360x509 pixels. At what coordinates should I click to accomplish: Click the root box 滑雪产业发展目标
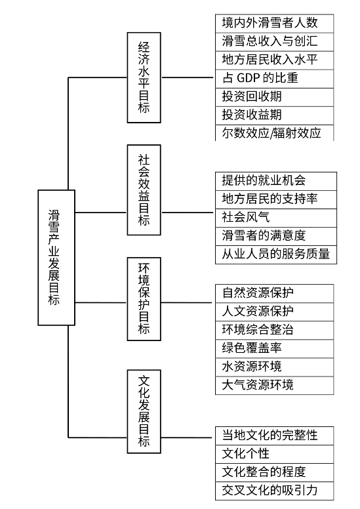click(x=56, y=257)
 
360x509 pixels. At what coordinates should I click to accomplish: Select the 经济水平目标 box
click(x=144, y=77)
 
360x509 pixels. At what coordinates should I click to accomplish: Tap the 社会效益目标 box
click(x=144, y=190)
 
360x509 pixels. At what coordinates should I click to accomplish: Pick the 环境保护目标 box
click(x=144, y=299)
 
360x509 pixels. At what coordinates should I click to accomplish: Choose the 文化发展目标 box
click(x=144, y=411)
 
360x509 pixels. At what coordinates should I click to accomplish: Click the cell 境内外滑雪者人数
click(x=275, y=24)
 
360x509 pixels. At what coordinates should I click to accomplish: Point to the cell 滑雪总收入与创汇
click(x=275, y=42)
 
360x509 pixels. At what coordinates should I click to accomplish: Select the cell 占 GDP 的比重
click(x=275, y=79)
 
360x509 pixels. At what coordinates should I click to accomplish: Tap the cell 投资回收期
click(x=275, y=97)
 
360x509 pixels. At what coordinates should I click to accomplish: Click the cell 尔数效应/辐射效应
click(x=275, y=132)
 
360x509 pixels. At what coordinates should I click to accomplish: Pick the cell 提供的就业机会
click(x=276, y=181)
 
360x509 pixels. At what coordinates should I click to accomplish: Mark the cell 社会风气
click(x=276, y=218)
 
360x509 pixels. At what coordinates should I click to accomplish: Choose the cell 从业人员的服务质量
click(x=276, y=254)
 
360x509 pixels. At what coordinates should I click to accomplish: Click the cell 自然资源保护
click(x=275, y=293)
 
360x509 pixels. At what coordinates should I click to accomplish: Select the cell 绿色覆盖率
click(x=275, y=349)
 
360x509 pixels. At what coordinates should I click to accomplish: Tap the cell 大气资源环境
click(x=275, y=386)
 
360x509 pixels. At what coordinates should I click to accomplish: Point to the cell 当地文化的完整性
click(x=275, y=436)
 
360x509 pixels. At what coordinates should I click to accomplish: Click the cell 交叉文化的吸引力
click(x=275, y=491)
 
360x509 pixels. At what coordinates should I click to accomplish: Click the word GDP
click(x=249, y=78)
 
